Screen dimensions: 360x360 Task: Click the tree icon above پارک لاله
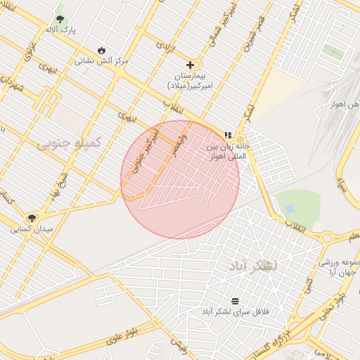(59, 18)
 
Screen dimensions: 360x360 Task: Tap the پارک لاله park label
(61, 30)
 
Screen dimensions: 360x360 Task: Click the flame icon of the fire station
(103, 51)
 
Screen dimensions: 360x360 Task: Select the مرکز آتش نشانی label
(102, 61)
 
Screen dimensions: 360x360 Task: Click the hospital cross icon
(190, 65)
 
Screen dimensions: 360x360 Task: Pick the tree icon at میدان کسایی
(32, 218)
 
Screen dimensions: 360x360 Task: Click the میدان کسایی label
(30, 229)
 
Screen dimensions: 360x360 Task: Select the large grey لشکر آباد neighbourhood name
(253, 266)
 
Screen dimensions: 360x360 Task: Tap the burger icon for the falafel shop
(235, 301)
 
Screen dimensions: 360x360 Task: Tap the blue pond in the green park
(288, 209)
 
